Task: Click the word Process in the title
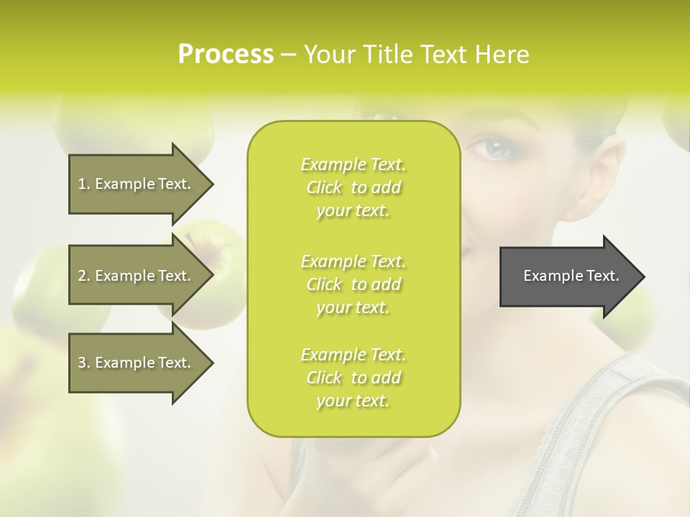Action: click(226, 55)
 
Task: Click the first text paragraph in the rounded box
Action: click(353, 187)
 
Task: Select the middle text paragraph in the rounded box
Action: click(353, 284)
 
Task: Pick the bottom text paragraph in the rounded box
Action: click(353, 378)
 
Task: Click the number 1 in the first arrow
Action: click(82, 184)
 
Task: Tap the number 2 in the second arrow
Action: click(82, 276)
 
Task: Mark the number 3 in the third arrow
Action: click(82, 363)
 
